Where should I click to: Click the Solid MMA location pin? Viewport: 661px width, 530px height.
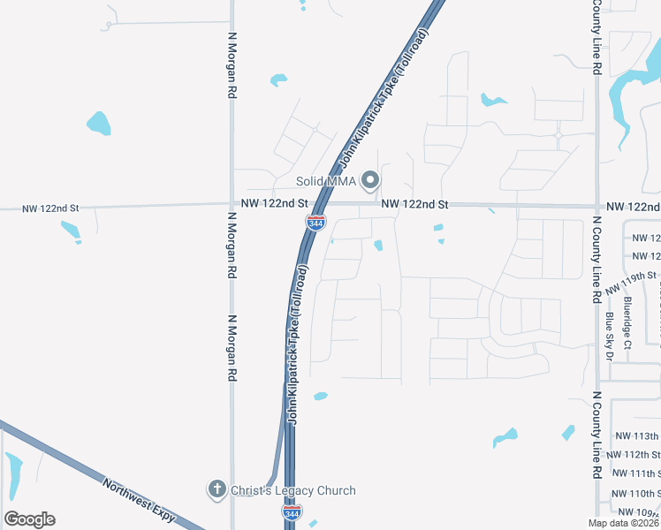[371, 181]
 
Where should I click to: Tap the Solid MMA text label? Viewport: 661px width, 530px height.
[325, 182]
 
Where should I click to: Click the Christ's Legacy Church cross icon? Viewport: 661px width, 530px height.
[217, 489]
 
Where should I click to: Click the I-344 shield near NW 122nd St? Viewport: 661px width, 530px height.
[315, 223]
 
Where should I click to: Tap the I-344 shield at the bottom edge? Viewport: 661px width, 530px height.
[291, 511]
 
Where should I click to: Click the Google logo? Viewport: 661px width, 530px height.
[29, 519]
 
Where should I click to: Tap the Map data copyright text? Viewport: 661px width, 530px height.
[624, 522]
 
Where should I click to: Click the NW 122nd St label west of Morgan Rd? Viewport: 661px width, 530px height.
[51, 208]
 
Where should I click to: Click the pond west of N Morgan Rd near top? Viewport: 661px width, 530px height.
[99, 123]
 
